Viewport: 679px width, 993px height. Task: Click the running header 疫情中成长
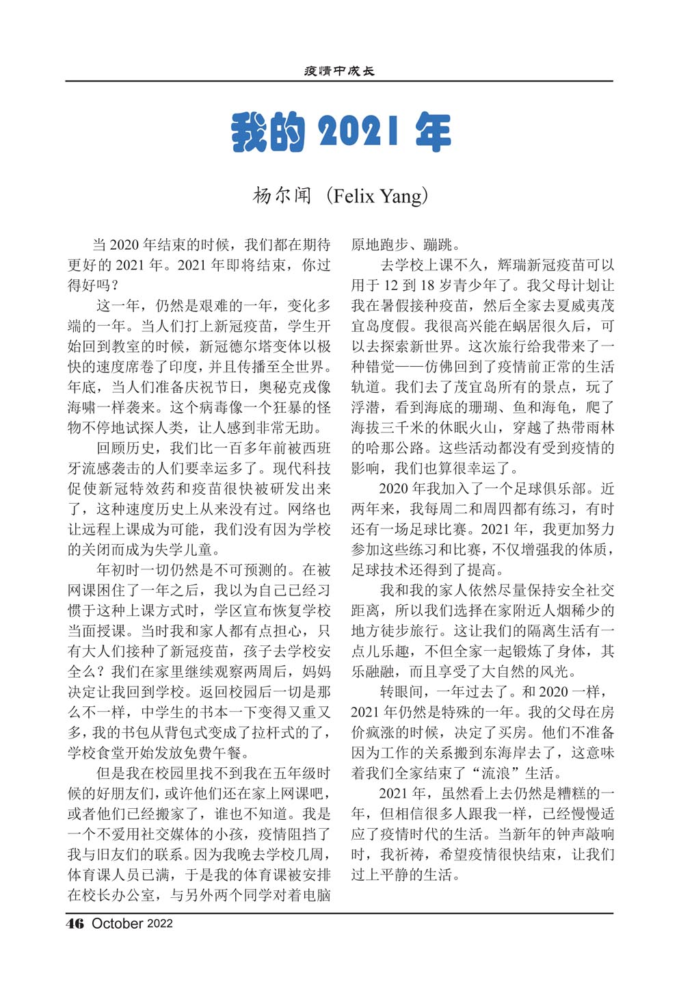339,71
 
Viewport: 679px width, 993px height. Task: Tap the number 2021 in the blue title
358,131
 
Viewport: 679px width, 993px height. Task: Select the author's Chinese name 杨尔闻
282,196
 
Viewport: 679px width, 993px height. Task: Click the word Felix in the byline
354,196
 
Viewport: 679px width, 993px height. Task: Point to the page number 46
75,923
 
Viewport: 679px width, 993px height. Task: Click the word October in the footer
117,923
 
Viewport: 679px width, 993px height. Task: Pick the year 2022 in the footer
160,924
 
